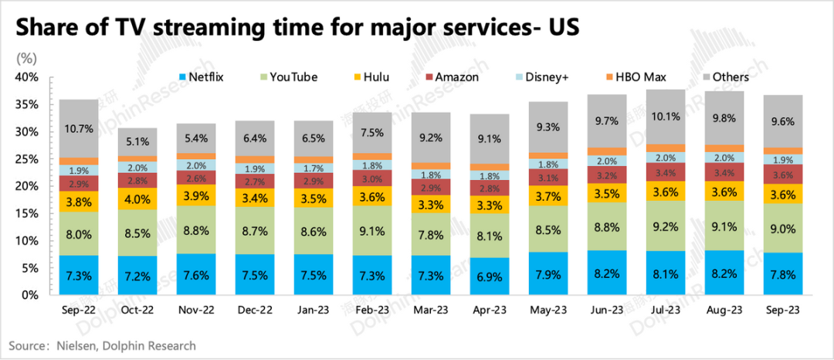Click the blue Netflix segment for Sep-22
click(79, 275)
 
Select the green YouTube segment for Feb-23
click(372, 229)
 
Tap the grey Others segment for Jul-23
click(666, 117)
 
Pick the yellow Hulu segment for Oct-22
click(137, 199)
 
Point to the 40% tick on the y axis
click(26, 77)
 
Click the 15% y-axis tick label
click(26, 213)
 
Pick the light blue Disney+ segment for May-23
click(548, 165)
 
